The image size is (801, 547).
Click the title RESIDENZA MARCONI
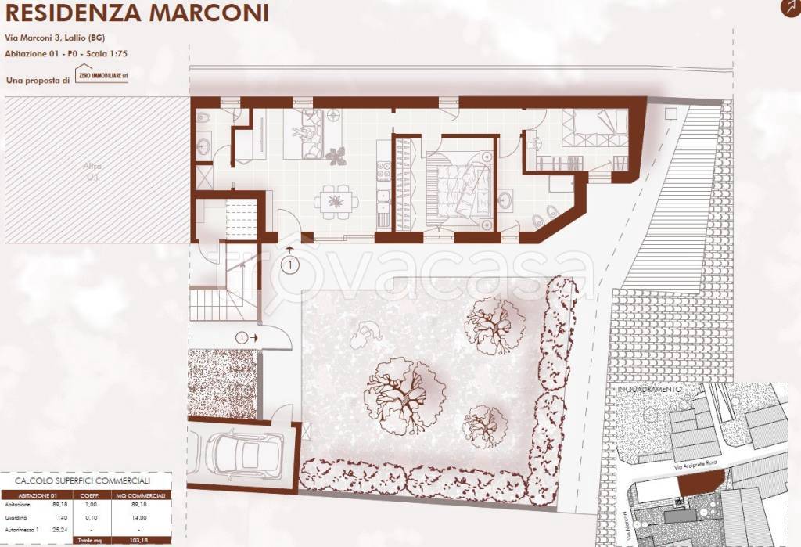tap(138, 13)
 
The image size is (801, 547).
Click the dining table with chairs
tap(336, 202)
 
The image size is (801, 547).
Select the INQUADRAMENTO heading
tap(649, 388)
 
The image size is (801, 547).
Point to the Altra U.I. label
tap(93, 171)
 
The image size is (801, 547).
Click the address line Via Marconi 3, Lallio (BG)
tap(56, 37)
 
